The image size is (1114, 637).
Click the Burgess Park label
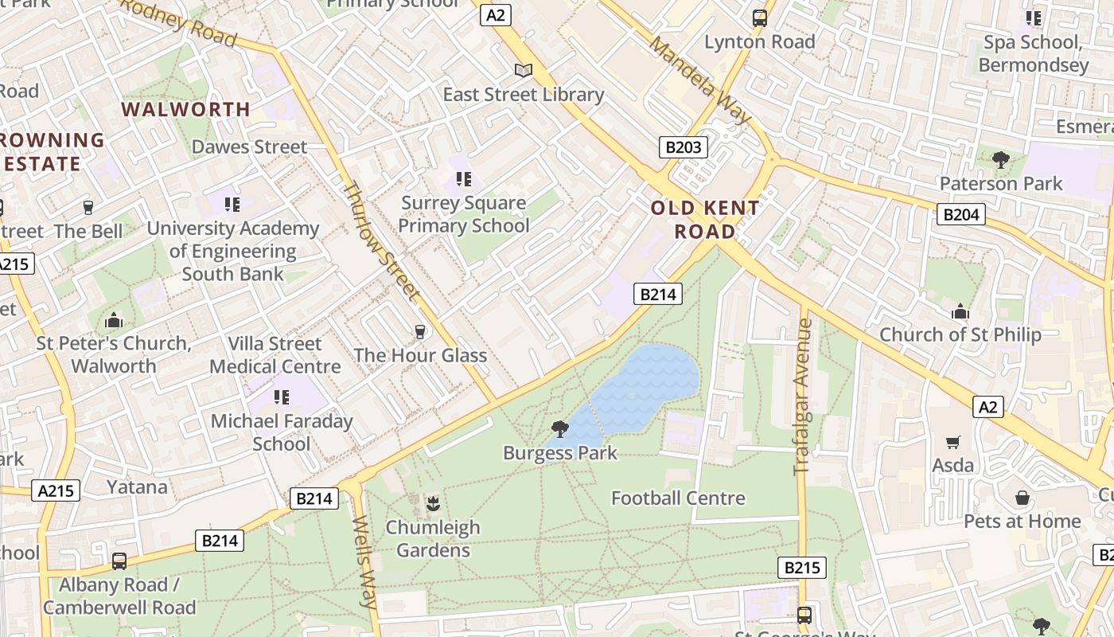coord(559,453)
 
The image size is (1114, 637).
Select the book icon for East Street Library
coord(523,71)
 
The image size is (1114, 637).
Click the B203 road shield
coord(683,147)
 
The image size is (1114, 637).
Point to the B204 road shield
coord(960,213)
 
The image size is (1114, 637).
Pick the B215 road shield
coord(801,568)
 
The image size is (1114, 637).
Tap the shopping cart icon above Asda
coord(952,442)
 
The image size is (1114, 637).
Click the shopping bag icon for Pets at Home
coord(1022,498)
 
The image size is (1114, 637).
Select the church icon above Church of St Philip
coord(960,311)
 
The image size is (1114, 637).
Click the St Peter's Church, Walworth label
coord(114,354)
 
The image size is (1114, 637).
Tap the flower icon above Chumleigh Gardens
coord(433,503)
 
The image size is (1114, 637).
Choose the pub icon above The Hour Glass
coord(420,332)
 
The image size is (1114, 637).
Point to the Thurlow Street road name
coord(380,241)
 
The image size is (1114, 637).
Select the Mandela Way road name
coord(699,80)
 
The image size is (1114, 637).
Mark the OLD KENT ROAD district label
coord(705,220)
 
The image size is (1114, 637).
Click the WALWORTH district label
coord(185,109)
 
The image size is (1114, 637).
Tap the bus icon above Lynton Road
coord(760,18)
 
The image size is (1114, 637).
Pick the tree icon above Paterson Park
coord(1001,160)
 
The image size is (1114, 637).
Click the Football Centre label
coord(678,498)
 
